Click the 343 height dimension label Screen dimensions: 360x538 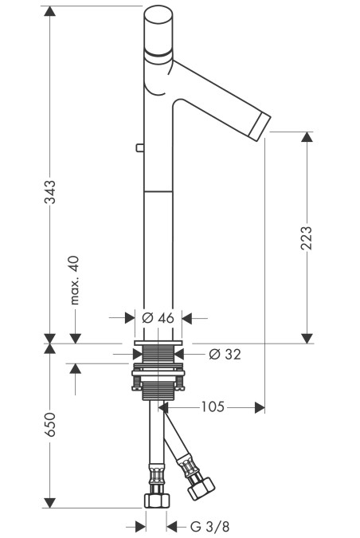click(50, 192)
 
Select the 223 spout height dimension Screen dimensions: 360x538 click(307, 238)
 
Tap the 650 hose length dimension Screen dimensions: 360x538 click(50, 425)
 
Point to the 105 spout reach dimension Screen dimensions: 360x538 click(213, 407)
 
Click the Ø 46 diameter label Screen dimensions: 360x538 click(158, 318)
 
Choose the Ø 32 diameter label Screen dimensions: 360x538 click(225, 354)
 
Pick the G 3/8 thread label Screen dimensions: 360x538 click(209, 526)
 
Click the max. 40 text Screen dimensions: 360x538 click(74, 280)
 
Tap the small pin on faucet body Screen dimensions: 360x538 click(139, 148)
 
